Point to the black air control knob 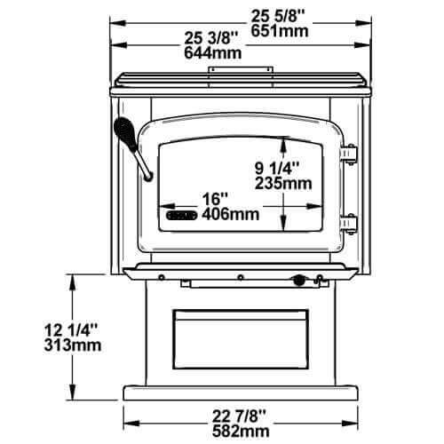click(x=298, y=281)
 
